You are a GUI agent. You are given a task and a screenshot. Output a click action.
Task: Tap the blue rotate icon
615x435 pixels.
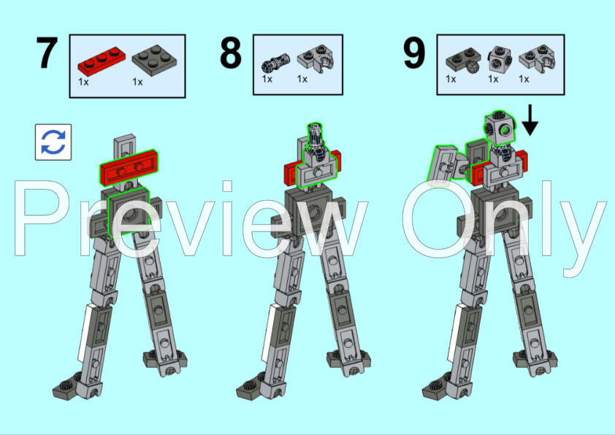tap(53, 142)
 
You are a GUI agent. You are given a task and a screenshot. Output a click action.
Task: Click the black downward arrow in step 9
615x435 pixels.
tap(530, 120)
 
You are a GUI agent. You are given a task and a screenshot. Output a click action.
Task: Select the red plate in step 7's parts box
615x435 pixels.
tap(102, 61)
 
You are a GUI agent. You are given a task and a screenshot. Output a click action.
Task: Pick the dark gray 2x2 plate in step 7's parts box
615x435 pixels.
tap(154, 60)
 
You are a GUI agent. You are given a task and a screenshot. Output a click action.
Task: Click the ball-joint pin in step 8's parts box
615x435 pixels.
tap(275, 63)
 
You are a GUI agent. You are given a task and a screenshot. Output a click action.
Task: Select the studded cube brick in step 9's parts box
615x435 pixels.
tap(500, 59)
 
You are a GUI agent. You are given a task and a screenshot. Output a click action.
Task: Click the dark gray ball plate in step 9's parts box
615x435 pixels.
tap(463, 61)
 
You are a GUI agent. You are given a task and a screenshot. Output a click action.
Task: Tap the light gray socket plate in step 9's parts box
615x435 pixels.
tap(537, 59)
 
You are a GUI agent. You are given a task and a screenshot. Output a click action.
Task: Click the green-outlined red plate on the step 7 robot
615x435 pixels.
tap(128, 167)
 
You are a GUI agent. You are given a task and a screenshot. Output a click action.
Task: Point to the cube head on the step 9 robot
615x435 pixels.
tap(500, 128)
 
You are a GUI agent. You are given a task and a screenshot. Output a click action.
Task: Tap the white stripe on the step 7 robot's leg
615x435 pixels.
tap(85, 332)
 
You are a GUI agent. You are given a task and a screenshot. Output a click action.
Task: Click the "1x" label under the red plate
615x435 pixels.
tap(83, 82)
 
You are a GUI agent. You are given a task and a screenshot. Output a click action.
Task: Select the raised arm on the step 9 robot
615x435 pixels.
tap(442, 166)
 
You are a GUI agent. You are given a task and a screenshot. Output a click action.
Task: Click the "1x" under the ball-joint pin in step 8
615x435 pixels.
tap(267, 79)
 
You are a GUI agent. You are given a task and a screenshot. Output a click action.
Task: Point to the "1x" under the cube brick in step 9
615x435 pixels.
tap(493, 79)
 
